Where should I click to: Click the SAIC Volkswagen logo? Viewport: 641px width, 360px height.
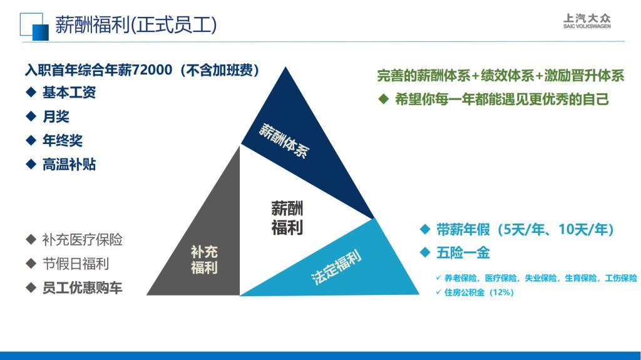587,21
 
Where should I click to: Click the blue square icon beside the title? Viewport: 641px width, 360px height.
34,26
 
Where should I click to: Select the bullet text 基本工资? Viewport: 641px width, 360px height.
69,93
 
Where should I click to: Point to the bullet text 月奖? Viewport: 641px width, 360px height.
56,116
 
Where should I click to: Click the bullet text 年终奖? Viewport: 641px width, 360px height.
63,141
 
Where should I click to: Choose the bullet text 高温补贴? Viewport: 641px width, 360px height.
69,165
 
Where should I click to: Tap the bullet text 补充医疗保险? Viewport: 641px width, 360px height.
82,240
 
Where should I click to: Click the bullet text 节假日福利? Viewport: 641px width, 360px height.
76,264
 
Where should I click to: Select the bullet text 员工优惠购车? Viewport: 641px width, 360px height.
82,288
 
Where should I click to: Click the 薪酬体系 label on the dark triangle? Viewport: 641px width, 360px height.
284,141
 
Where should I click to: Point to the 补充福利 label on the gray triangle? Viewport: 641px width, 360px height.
204,259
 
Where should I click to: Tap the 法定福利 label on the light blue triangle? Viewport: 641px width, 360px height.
336,267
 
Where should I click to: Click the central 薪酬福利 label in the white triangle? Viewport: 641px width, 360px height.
287,218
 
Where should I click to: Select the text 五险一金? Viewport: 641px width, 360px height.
463,253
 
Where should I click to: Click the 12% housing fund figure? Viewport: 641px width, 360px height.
501,292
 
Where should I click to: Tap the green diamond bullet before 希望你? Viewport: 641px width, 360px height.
384,99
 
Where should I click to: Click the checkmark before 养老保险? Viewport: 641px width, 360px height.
439,278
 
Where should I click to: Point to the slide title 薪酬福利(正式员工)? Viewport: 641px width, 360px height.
136,25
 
